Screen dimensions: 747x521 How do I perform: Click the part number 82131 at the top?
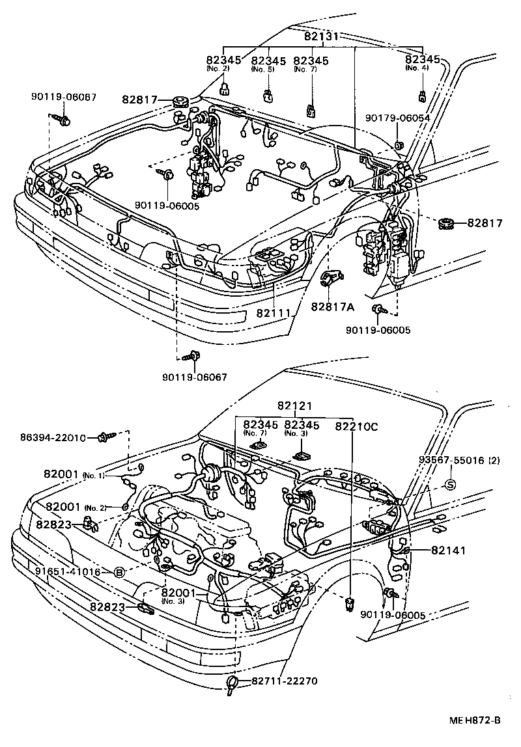321,36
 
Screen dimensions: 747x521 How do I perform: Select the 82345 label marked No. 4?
423,61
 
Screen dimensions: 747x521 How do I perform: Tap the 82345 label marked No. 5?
268,61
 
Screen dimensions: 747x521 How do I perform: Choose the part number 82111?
273,313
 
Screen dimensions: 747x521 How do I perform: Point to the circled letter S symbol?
449,485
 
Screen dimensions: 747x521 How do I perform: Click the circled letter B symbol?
119,572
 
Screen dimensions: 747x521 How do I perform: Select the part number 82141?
447,550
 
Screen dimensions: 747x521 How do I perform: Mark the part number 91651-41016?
68,572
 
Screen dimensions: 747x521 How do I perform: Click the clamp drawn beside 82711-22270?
232,683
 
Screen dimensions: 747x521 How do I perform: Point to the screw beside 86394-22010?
105,438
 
